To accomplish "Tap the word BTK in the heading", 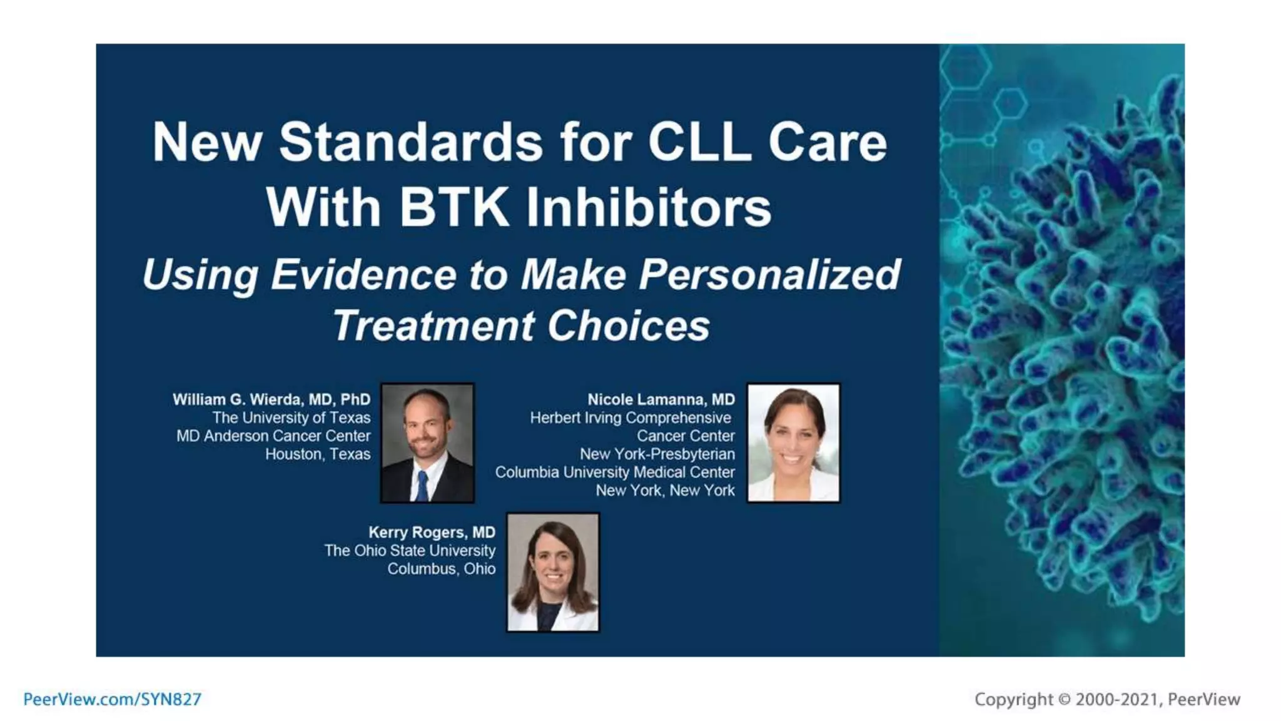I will click(454, 208).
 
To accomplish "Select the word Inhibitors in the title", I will click(649, 208).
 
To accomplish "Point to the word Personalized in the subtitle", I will click(769, 275).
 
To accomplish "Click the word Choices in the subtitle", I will click(629, 325).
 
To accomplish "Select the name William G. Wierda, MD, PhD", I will click(271, 399).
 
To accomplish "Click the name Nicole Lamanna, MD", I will click(661, 399).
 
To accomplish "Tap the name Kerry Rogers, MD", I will click(432, 532).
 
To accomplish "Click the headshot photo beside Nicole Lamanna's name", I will click(793, 442).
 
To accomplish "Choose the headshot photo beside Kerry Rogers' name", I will click(552, 572).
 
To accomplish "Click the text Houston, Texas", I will click(317, 454).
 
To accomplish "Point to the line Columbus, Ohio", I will click(441, 568).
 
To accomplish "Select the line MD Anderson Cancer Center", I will click(273, 436).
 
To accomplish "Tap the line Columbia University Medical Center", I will click(615, 472).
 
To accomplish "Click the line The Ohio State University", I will click(410, 550).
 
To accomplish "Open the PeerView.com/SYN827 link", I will click(112, 699).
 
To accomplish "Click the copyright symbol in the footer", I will click(1064, 699).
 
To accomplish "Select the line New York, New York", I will click(665, 490).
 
